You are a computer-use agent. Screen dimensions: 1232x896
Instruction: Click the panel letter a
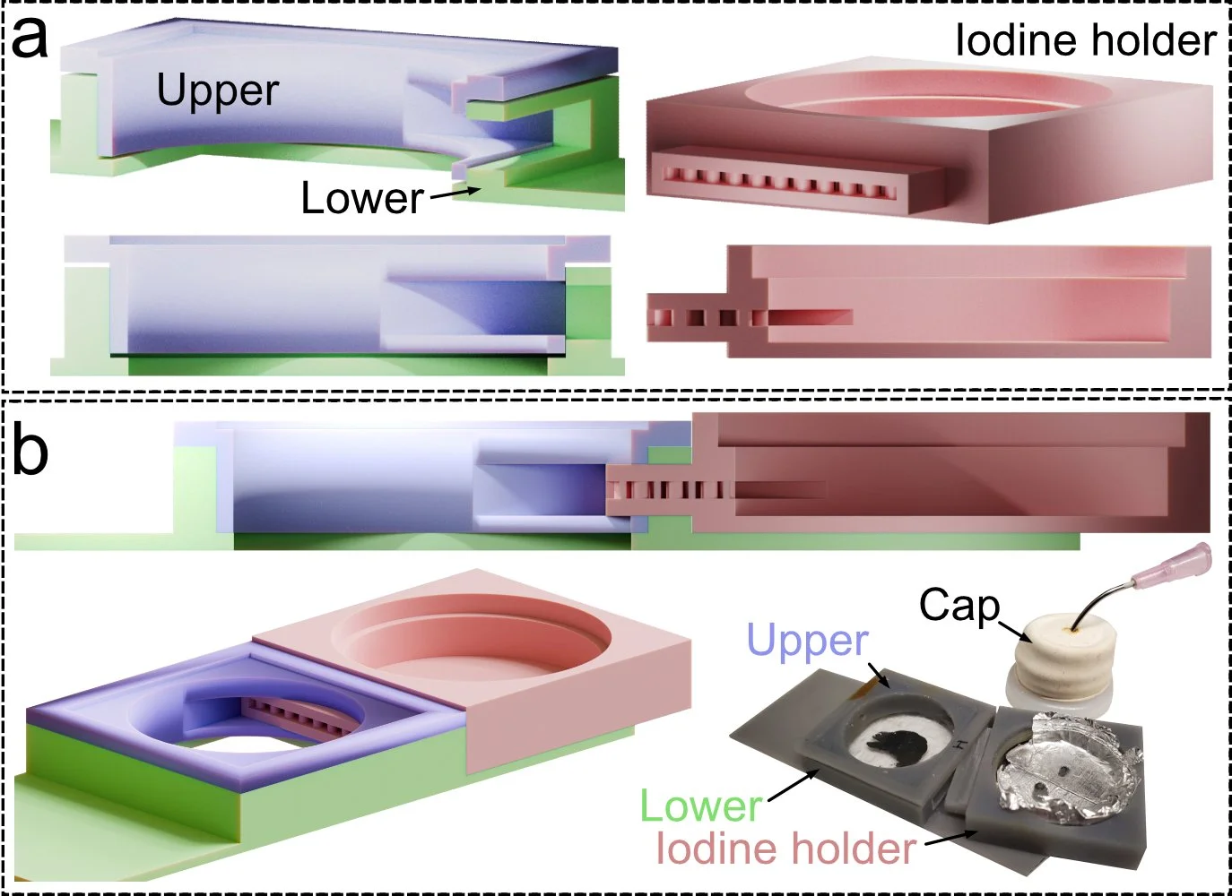coord(30,39)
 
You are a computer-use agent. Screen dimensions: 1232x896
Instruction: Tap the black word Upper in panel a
coord(218,90)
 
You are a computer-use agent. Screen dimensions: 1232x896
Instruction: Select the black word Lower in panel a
coord(362,198)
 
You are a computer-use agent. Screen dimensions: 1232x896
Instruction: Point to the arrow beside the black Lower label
coord(455,194)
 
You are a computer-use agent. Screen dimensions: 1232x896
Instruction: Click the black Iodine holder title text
coord(1086,40)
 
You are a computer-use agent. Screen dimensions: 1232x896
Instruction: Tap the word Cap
coord(959,606)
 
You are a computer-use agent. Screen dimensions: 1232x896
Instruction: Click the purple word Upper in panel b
coord(807,641)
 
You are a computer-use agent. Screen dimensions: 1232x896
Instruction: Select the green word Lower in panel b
coord(700,806)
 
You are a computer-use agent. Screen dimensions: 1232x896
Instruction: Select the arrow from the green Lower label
coord(793,785)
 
